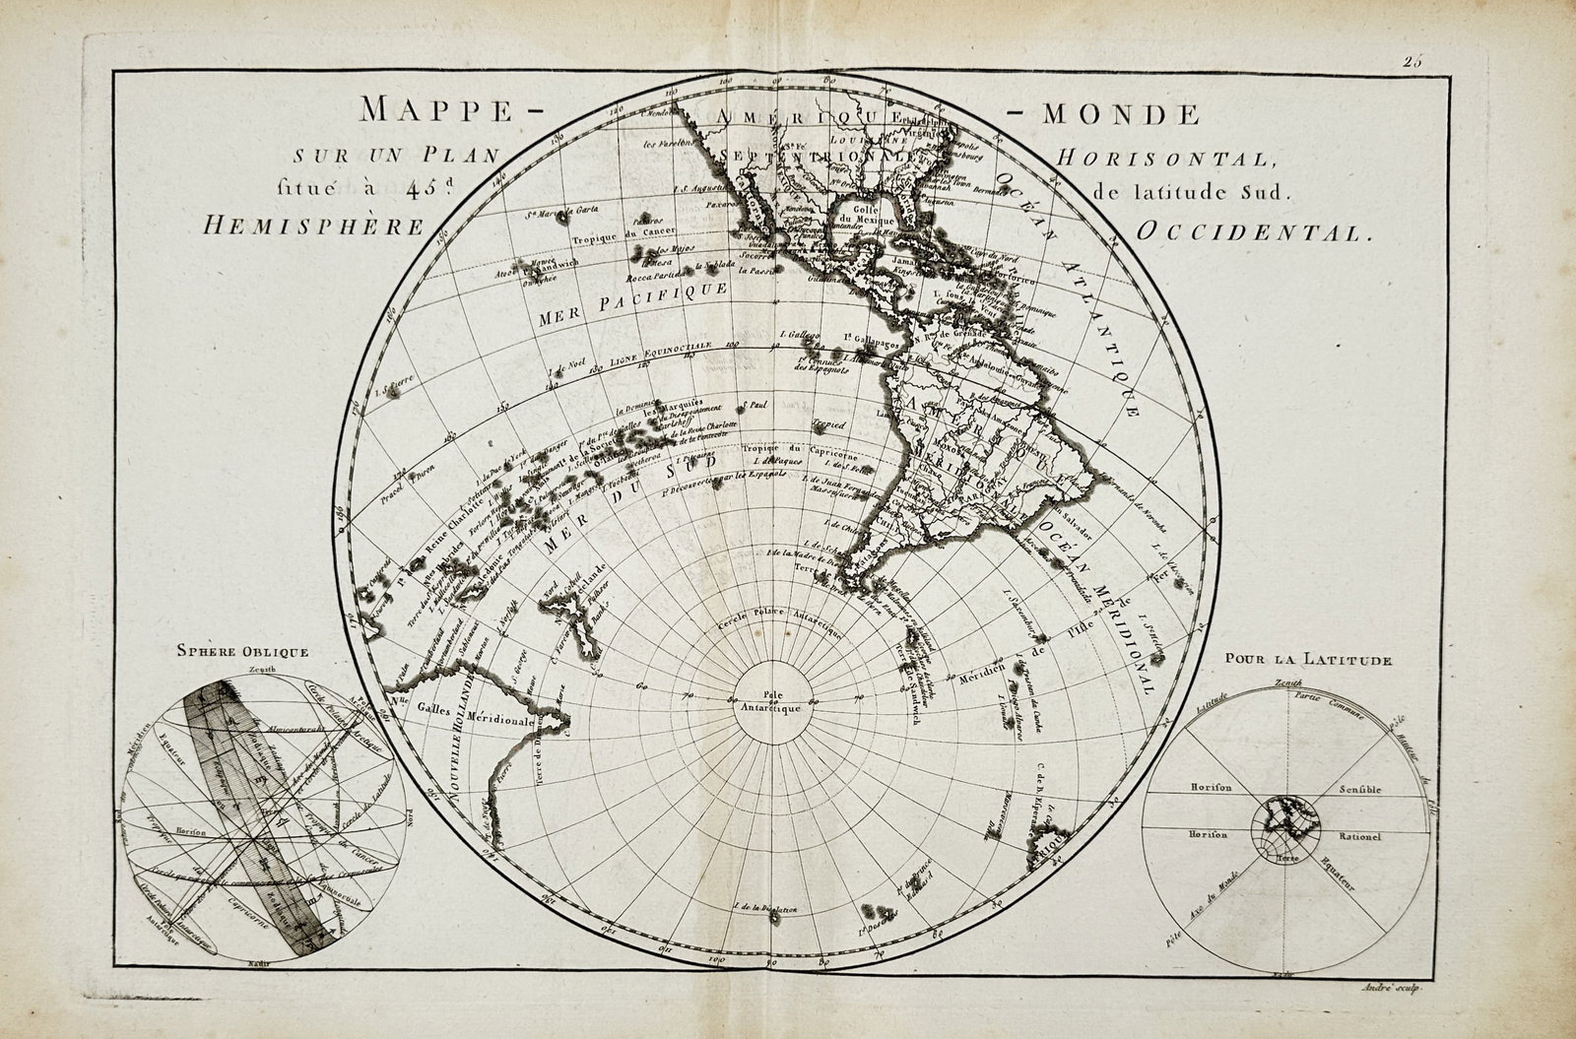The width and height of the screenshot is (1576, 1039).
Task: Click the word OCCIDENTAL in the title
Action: [x=1252, y=233]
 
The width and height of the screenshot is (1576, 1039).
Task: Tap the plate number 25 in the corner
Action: [x=1414, y=61]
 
